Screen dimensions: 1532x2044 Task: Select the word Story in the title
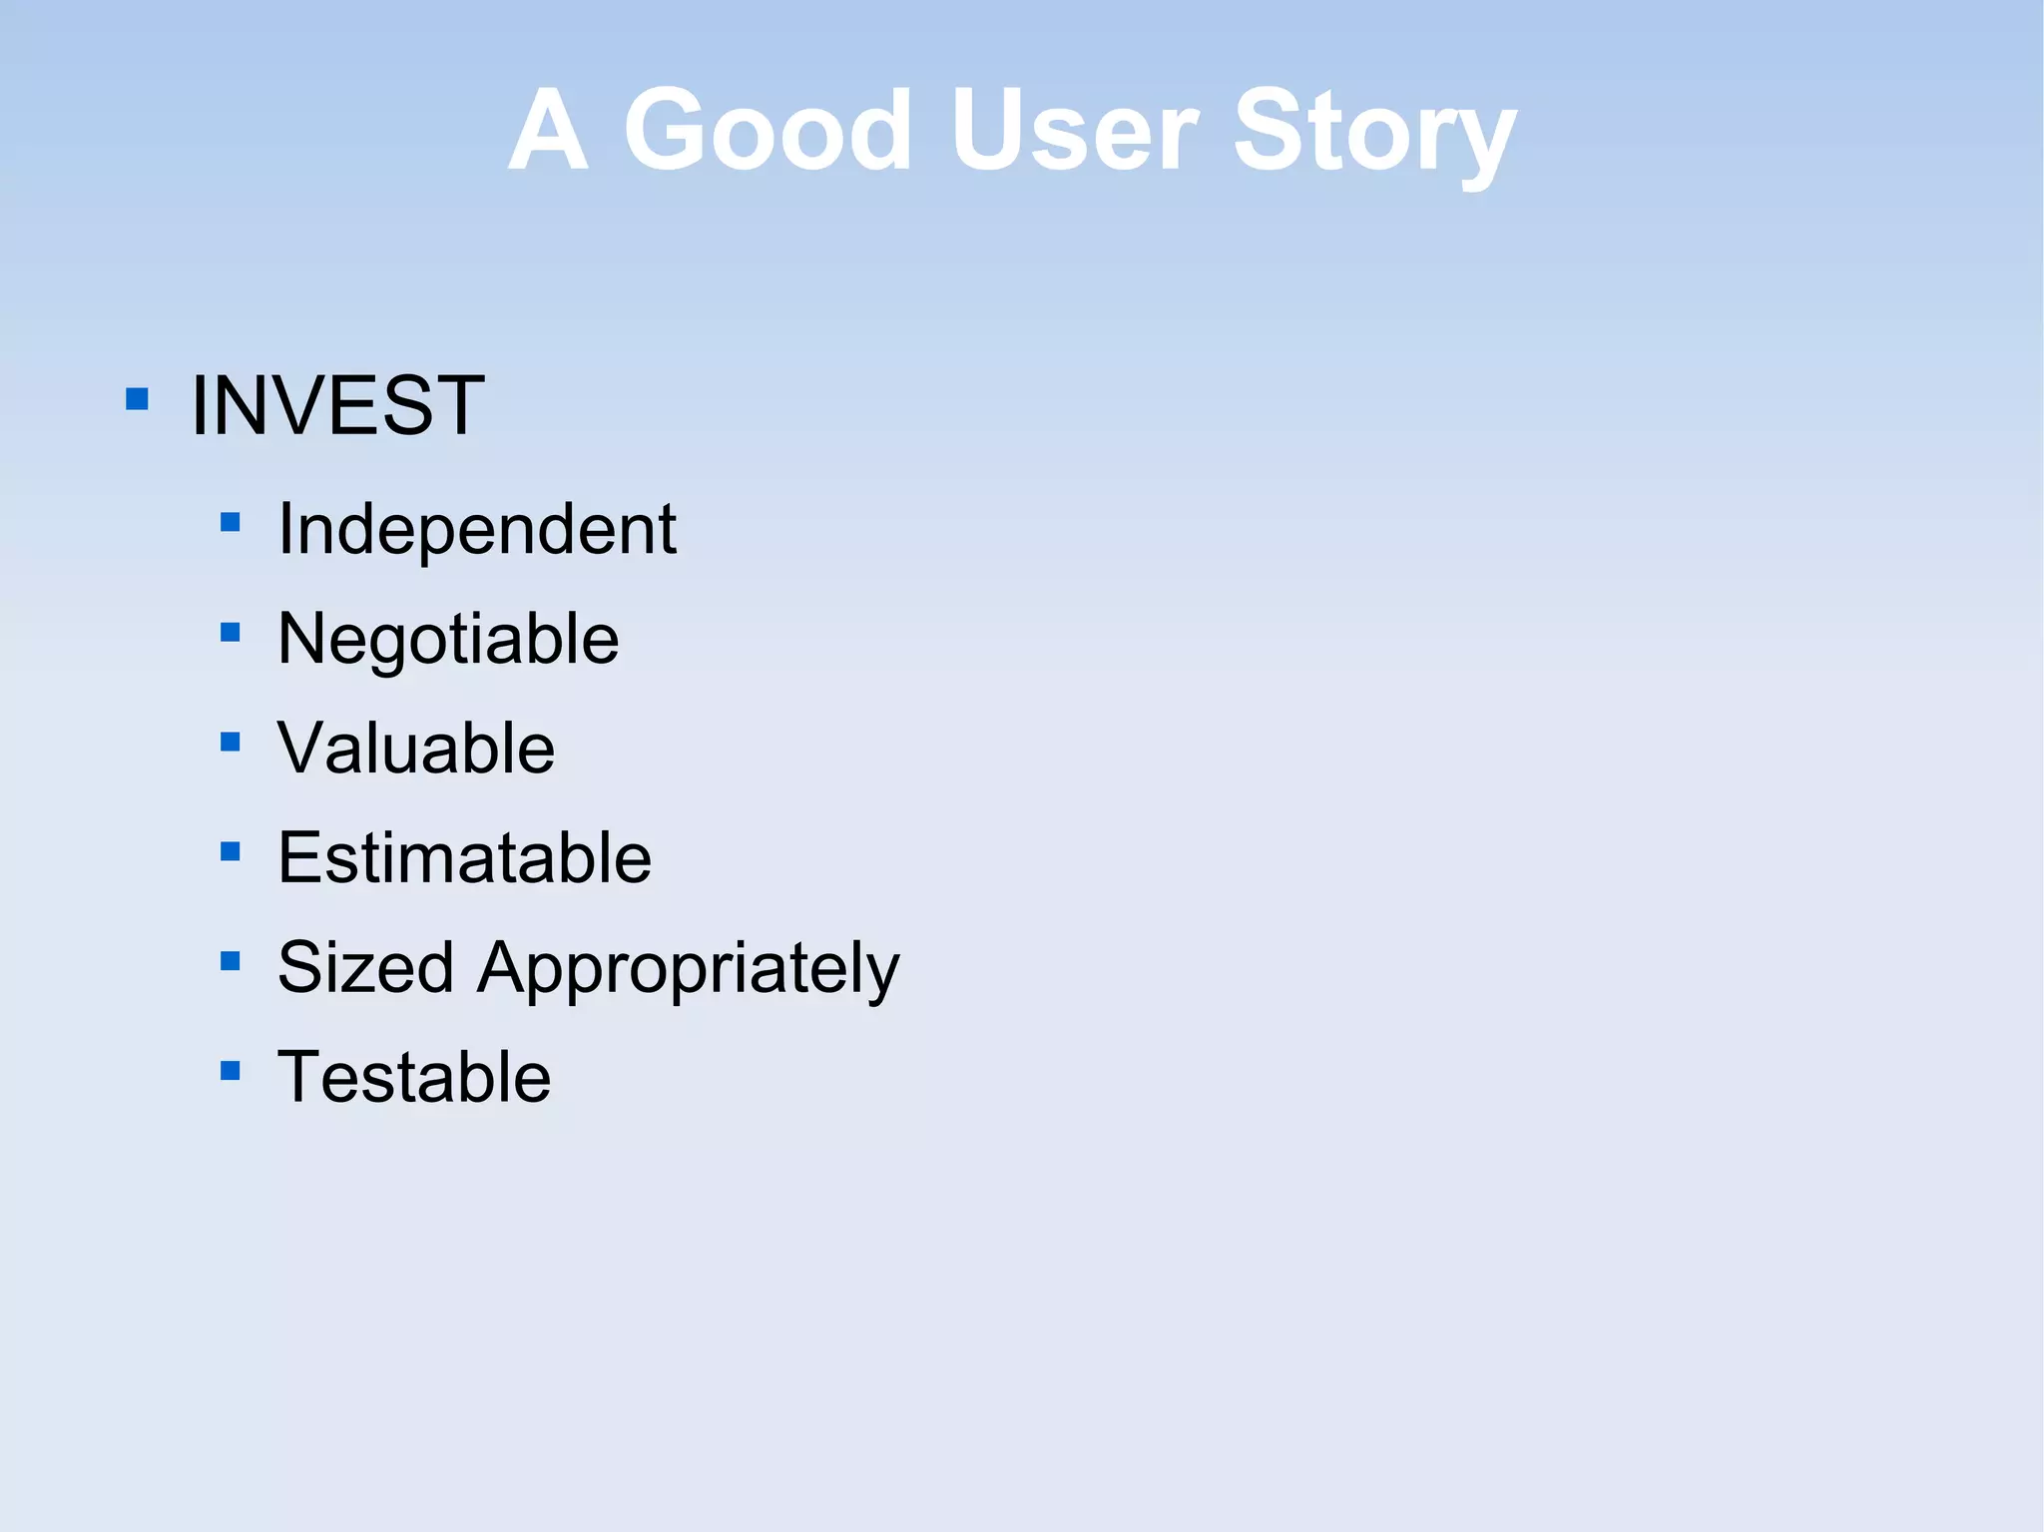pos(1374,135)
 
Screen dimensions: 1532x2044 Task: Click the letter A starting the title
pos(547,130)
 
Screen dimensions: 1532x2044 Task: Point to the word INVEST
pos(337,405)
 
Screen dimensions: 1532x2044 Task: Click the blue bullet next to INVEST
pos(138,400)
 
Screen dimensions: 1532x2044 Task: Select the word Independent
pos(477,528)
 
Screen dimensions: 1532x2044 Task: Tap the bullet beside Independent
pos(231,522)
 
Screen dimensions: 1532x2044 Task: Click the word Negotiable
pos(448,639)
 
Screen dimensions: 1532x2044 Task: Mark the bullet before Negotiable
pos(231,632)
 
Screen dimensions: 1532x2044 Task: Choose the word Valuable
pos(416,748)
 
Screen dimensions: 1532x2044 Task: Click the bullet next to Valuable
pos(231,742)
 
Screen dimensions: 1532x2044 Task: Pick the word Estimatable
pos(464,857)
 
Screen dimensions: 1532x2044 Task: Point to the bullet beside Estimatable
pos(231,851)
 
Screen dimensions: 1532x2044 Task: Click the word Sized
pos(365,967)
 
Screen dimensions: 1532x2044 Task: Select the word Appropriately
pos(688,969)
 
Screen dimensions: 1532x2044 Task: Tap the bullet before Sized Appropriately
pos(231,961)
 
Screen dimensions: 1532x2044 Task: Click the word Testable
pos(413,1077)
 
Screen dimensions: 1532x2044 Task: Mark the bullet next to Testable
pos(231,1071)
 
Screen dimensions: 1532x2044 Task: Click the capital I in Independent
pos(286,528)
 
